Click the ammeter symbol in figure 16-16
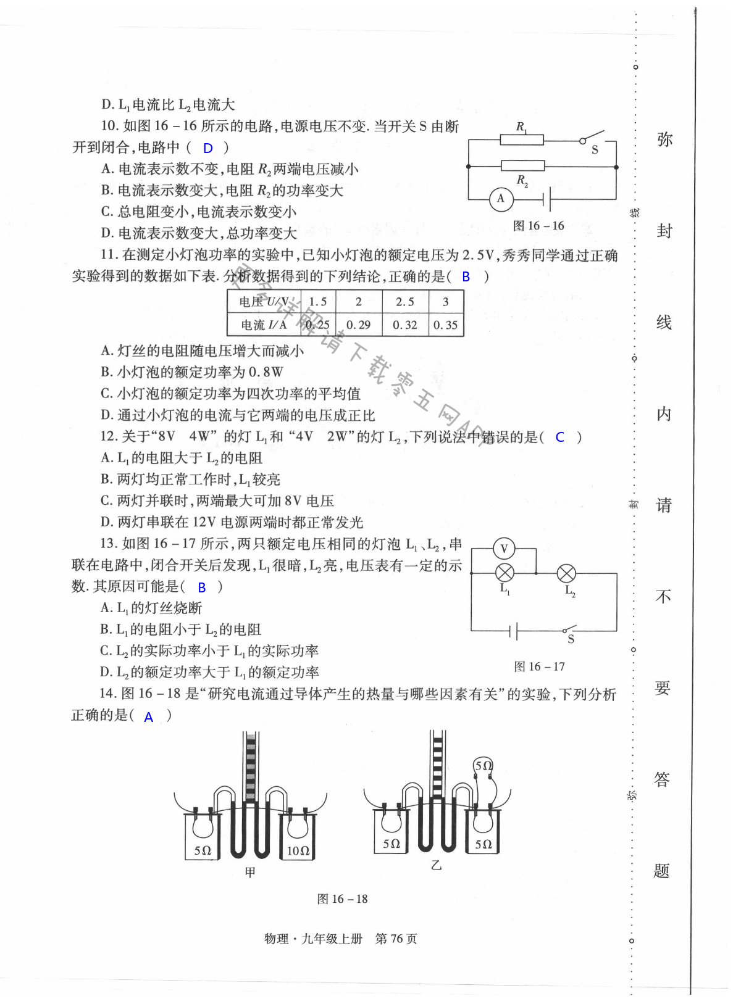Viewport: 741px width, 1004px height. [501, 199]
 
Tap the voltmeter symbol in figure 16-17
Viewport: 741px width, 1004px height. [504, 549]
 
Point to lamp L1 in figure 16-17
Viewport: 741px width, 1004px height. [505, 573]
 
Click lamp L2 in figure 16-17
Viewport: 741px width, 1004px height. [566, 574]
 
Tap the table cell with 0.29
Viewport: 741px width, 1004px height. [358, 325]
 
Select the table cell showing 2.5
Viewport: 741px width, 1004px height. [405, 302]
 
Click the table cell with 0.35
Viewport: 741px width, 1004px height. [445, 325]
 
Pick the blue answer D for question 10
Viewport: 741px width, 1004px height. [208, 148]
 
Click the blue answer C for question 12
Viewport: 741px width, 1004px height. [560, 438]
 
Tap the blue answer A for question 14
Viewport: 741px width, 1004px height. [148, 717]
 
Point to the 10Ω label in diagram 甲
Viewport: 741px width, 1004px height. [298, 850]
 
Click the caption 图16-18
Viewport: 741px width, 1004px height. [342, 899]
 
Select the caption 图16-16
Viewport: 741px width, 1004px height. [538, 226]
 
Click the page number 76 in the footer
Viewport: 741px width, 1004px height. [396, 939]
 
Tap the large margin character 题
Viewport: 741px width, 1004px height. [662, 871]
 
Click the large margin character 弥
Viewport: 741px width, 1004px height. [664, 139]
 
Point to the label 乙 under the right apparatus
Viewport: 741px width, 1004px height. [437, 865]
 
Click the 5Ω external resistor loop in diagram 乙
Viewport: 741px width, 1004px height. [484, 766]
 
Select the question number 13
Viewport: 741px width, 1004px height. [109, 544]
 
